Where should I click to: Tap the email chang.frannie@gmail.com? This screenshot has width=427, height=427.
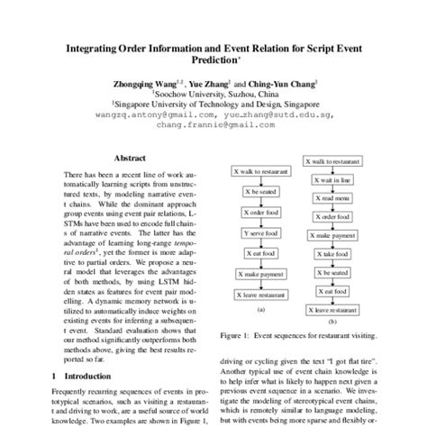coord(213,125)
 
